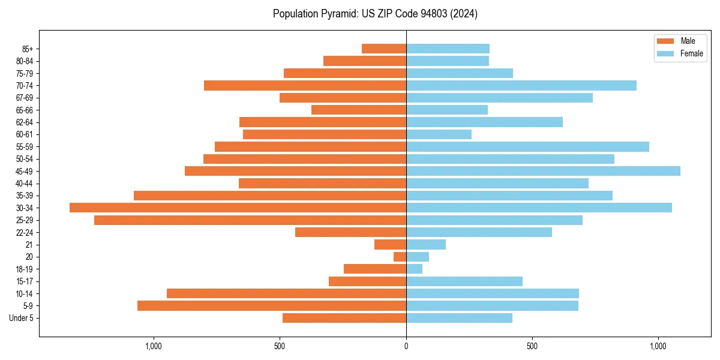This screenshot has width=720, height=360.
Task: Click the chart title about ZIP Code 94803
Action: coord(375,14)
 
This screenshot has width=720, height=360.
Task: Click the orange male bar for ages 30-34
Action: coord(238,208)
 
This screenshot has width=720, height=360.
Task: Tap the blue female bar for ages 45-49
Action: coord(543,171)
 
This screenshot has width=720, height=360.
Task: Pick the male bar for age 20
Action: coord(400,257)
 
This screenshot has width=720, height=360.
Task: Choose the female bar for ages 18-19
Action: coord(414,269)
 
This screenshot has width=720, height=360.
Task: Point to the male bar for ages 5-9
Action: coord(271,305)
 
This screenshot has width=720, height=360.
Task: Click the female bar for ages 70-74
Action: coord(521,85)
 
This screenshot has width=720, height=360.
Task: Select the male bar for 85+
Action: coord(384,49)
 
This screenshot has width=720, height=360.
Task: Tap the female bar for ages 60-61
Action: coord(439,134)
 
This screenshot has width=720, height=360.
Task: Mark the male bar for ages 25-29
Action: coord(250,220)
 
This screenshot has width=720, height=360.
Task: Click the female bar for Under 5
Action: coord(459,318)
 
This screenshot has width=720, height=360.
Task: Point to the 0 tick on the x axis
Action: coord(406,346)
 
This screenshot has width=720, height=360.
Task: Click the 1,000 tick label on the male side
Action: coord(154,346)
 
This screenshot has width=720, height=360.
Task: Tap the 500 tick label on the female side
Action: coord(532,346)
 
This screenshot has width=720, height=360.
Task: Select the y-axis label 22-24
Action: coord(25,232)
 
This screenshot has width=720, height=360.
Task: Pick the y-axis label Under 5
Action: coord(21,318)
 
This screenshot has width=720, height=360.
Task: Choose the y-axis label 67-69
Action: coord(25,98)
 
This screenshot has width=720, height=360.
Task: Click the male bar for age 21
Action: coord(390,244)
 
